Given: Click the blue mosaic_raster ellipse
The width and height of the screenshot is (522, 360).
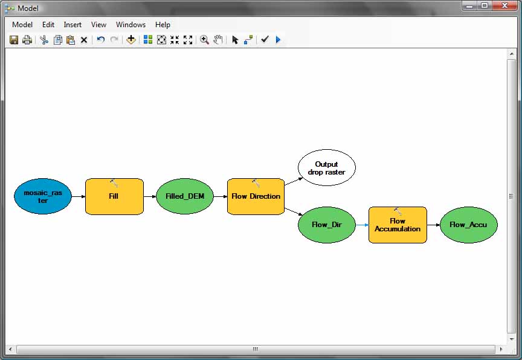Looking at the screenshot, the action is click(x=43, y=196).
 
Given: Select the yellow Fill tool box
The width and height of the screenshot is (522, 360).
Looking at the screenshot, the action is click(x=114, y=196).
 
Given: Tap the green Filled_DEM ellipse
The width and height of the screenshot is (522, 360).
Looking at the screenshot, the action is click(x=185, y=196).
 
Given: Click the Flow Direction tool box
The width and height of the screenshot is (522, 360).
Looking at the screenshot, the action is click(x=256, y=196).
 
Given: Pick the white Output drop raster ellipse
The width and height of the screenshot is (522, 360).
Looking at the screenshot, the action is click(x=327, y=168).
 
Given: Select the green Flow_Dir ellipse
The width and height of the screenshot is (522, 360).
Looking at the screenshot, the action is click(x=327, y=225).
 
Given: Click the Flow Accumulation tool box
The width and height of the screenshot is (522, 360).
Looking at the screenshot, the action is click(x=398, y=225).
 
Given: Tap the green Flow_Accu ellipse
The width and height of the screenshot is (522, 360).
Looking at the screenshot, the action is click(x=468, y=225).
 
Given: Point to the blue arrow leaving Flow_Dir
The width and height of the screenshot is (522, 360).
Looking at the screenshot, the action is click(x=362, y=225).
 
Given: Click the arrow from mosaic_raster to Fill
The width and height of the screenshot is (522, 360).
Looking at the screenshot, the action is click(x=79, y=196).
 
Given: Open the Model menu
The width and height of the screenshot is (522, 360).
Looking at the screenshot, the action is click(x=22, y=25).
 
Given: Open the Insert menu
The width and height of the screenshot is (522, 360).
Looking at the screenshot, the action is click(x=72, y=25).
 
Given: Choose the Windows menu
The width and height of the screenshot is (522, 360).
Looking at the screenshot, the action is click(x=130, y=25).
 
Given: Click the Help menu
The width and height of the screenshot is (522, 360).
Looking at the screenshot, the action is click(x=163, y=25).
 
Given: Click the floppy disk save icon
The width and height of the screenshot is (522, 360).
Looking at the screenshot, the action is click(x=14, y=40).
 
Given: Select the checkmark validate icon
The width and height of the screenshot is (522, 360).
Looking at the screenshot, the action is click(x=265, y=40).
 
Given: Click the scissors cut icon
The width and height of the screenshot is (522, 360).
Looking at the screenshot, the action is click(x=44, y=40).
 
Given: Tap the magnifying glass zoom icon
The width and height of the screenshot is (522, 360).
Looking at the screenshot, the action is click(x=204, y=40).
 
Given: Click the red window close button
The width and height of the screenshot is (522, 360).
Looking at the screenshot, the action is click(x=504, y=5).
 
